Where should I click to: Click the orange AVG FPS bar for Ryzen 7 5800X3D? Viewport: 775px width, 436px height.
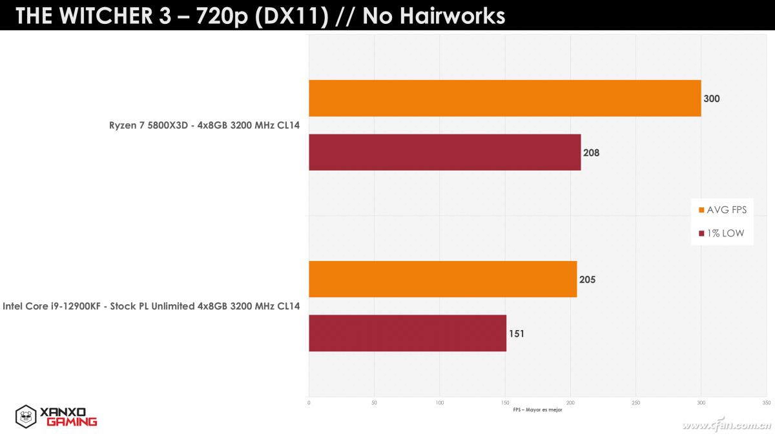504,98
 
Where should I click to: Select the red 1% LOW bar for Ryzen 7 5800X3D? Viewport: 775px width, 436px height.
444,152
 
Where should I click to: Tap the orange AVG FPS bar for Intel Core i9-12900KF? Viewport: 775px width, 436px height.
442,279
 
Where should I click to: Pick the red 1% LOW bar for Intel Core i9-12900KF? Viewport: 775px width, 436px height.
407,333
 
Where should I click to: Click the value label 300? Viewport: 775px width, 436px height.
712,99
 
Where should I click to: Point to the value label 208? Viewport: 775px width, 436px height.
591,153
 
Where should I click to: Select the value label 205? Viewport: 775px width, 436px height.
587,280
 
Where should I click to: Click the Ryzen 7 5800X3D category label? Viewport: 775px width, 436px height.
204,125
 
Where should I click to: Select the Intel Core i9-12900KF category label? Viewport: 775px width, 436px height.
151,306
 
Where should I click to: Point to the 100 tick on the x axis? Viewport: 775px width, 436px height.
440,403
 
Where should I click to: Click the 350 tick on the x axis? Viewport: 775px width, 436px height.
766,403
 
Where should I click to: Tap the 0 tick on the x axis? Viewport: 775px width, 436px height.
309,403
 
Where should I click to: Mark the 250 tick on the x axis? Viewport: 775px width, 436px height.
635,403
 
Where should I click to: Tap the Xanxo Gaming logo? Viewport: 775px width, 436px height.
56,416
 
